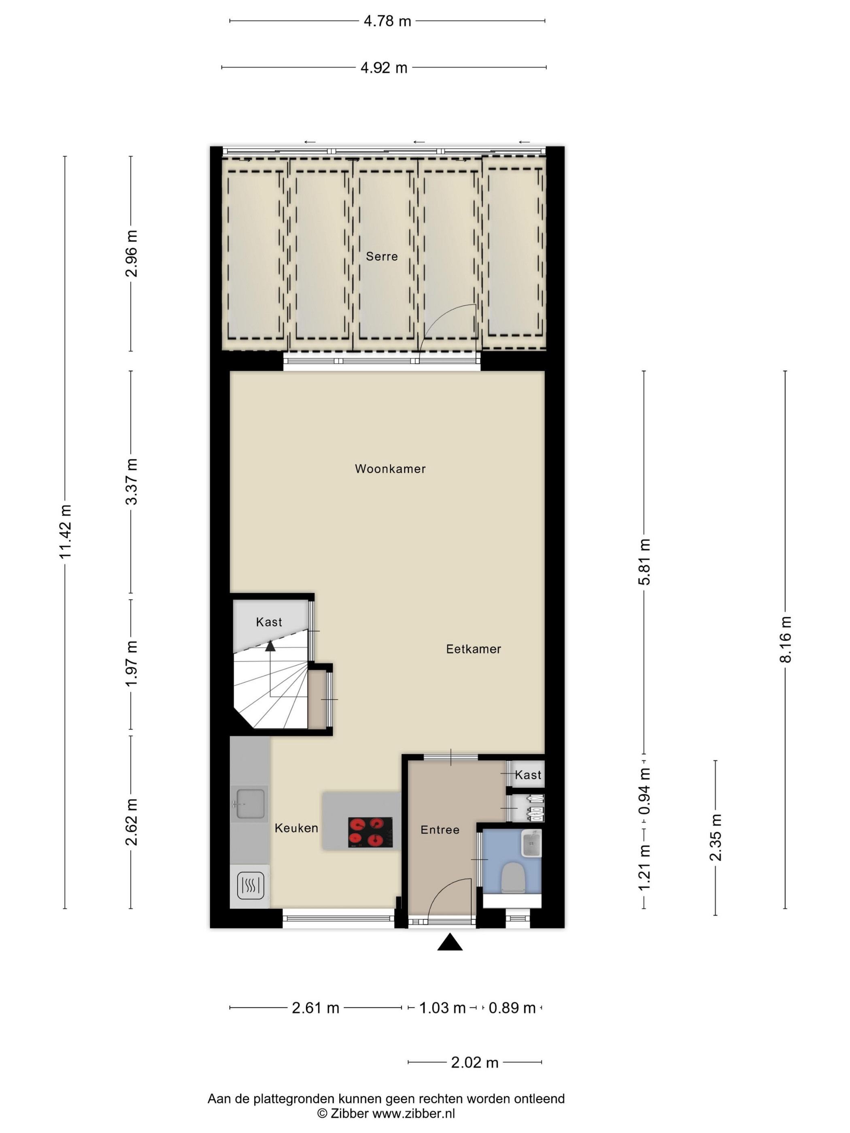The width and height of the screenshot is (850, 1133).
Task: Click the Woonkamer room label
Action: [x=390, y=469]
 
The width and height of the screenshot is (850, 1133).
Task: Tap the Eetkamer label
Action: [x=474, y=649]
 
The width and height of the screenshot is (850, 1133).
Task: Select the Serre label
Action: [x=382, y=256]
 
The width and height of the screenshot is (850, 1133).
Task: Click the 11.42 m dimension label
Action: [x=65, y=531]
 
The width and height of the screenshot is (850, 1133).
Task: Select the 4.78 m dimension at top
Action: [x=387, y=21]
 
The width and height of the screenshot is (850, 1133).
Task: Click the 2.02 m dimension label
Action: [x=474, y=1062]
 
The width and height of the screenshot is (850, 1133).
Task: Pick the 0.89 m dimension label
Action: [x=512, y=1008]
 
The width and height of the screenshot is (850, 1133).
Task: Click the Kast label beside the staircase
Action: [x=269, y=622]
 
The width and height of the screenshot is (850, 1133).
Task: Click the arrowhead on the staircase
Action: [x=270, y=645]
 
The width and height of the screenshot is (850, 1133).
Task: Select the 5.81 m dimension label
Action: [x=644, y=562]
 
